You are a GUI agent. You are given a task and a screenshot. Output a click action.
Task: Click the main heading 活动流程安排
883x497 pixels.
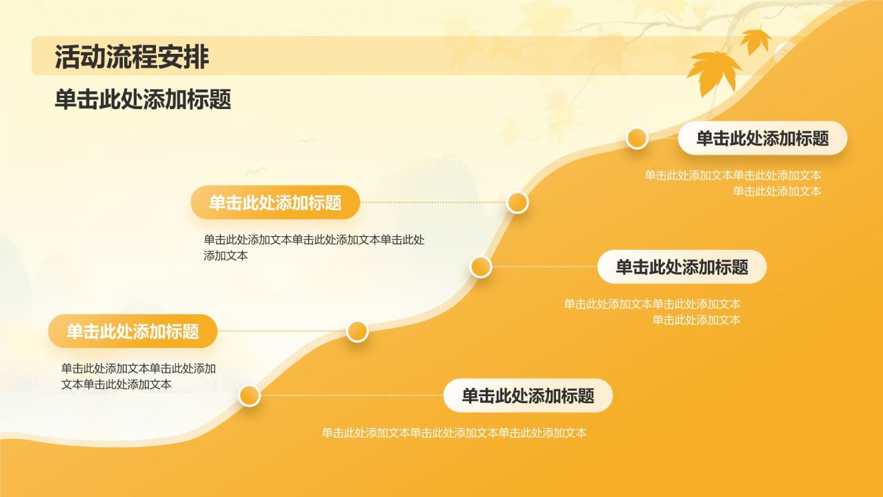pos(132,57)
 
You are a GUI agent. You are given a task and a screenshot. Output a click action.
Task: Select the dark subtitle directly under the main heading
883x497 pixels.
pos(143,100)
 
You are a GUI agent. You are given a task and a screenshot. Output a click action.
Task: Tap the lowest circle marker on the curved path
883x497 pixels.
pos(249,396)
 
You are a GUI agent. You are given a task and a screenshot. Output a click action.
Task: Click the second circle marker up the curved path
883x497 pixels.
pos(357,331)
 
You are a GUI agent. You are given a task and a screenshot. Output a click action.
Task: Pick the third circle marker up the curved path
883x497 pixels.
pos(481,266)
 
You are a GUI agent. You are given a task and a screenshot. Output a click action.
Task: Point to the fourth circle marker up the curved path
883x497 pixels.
pos(517,202)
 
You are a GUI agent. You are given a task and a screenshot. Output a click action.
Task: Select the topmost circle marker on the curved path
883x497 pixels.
pos(637,138)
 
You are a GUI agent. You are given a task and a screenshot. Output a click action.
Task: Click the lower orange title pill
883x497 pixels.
pos(132,331)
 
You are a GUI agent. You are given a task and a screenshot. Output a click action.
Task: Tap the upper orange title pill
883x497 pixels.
pos(275,202)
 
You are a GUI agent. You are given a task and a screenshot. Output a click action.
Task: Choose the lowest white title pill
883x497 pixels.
pos(528,396)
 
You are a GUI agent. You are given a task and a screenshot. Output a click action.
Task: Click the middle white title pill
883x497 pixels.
pos(682,267)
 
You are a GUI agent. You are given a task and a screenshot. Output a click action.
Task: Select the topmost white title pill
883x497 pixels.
pos(762,138)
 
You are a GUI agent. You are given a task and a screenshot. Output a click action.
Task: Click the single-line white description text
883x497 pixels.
pos(454,433)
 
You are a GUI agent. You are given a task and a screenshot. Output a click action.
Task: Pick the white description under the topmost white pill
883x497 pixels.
pos(733,183)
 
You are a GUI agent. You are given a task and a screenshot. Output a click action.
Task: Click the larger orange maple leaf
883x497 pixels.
pos(713,71)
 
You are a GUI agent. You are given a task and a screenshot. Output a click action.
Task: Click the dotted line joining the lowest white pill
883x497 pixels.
pos(352,396)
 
